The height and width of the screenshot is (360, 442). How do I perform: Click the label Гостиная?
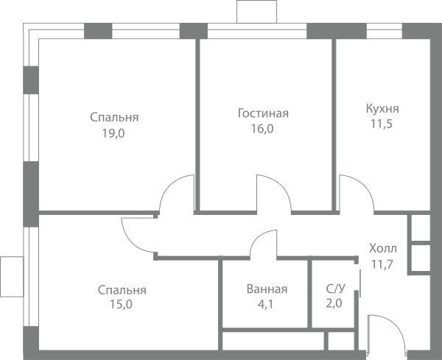263,113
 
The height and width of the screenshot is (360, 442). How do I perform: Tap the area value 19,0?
113,133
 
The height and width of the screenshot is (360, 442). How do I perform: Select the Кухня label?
382,108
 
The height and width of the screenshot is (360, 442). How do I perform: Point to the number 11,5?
382,124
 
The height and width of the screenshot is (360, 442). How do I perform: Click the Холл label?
383,249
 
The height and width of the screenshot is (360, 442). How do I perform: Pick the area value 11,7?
382,264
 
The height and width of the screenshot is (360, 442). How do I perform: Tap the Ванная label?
267,289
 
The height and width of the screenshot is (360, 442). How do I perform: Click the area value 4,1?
265,305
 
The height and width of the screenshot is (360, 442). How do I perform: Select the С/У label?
335,289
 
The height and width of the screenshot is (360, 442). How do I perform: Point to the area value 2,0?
334,303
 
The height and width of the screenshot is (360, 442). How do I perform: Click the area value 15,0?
121,305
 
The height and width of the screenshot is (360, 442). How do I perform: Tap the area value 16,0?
262,129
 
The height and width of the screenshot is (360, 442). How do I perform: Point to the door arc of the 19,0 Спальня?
169,185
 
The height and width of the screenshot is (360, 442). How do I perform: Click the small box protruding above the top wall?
257,12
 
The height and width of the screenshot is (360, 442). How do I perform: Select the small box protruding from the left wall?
12,277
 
